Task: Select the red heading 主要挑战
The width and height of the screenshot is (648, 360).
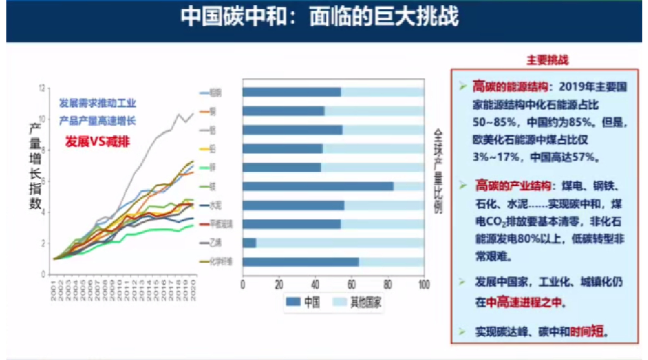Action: (547, 61)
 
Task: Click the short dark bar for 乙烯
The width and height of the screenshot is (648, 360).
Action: (249, 243)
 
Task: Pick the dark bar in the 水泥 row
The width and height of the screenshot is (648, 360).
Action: (294, 205)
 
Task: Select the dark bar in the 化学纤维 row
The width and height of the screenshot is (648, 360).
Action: (301, 262)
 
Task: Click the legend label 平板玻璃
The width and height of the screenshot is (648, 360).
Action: (217, 224)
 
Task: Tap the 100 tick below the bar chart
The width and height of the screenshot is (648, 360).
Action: (423, 283)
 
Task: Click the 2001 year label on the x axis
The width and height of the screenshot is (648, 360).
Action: (54, 289)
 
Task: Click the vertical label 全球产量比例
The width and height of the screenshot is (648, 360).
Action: (438, 171)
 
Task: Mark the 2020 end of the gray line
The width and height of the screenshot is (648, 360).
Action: (194, 113)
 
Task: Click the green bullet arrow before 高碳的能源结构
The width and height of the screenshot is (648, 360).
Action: (463, 84)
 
